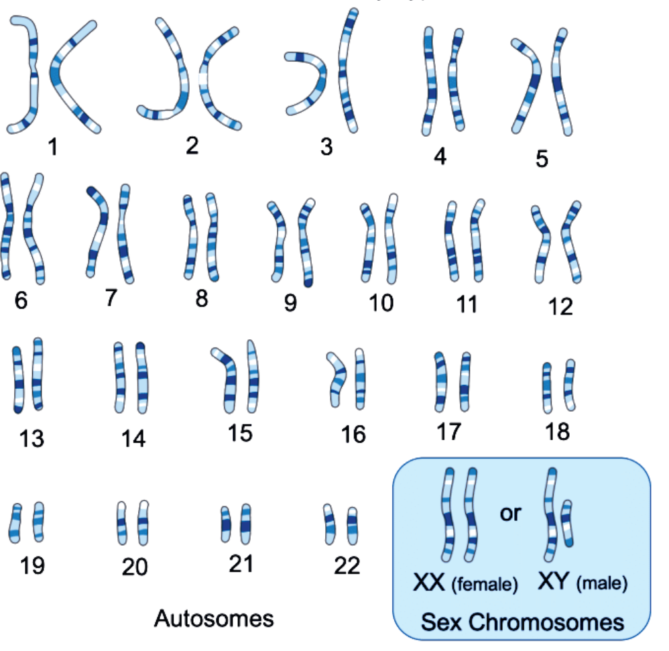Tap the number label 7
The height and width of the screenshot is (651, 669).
click(x=111, y=298)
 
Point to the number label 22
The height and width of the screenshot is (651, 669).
click(x=347, y=566)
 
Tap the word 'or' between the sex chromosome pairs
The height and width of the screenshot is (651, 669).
click(x=510, y=514)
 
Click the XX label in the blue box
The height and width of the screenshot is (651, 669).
click(x=429, y=583)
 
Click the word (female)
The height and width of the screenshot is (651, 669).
click(x=485, y=584)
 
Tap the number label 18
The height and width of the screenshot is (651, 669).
click(x=558, y=431)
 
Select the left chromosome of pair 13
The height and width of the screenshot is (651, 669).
click(x=18, y=379)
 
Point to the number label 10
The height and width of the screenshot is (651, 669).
click(x=381, y=303)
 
